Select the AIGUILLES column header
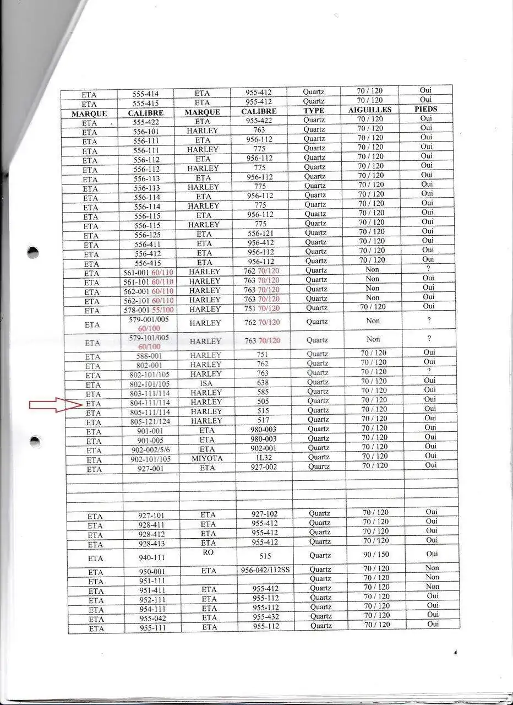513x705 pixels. click(370, 110)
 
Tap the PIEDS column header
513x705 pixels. click(425, 109)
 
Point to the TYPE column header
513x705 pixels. click(314, 111)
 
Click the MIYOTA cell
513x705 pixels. click(208, 458)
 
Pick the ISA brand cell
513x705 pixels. click(206, 383)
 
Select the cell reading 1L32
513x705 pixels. click(264, 457)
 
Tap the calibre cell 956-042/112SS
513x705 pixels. click(265, 570)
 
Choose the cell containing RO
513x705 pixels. click(208, 552)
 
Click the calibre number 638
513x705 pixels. click(263, 383)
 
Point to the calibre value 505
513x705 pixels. click(263, 402)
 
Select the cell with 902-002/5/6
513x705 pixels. click(150, 450)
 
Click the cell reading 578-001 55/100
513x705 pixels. click(148, 310)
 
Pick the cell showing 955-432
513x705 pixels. click(266, 617)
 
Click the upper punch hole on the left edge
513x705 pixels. click(32, 253)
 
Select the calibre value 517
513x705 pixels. click(263, 420)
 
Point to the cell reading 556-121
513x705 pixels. click(260, 233)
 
